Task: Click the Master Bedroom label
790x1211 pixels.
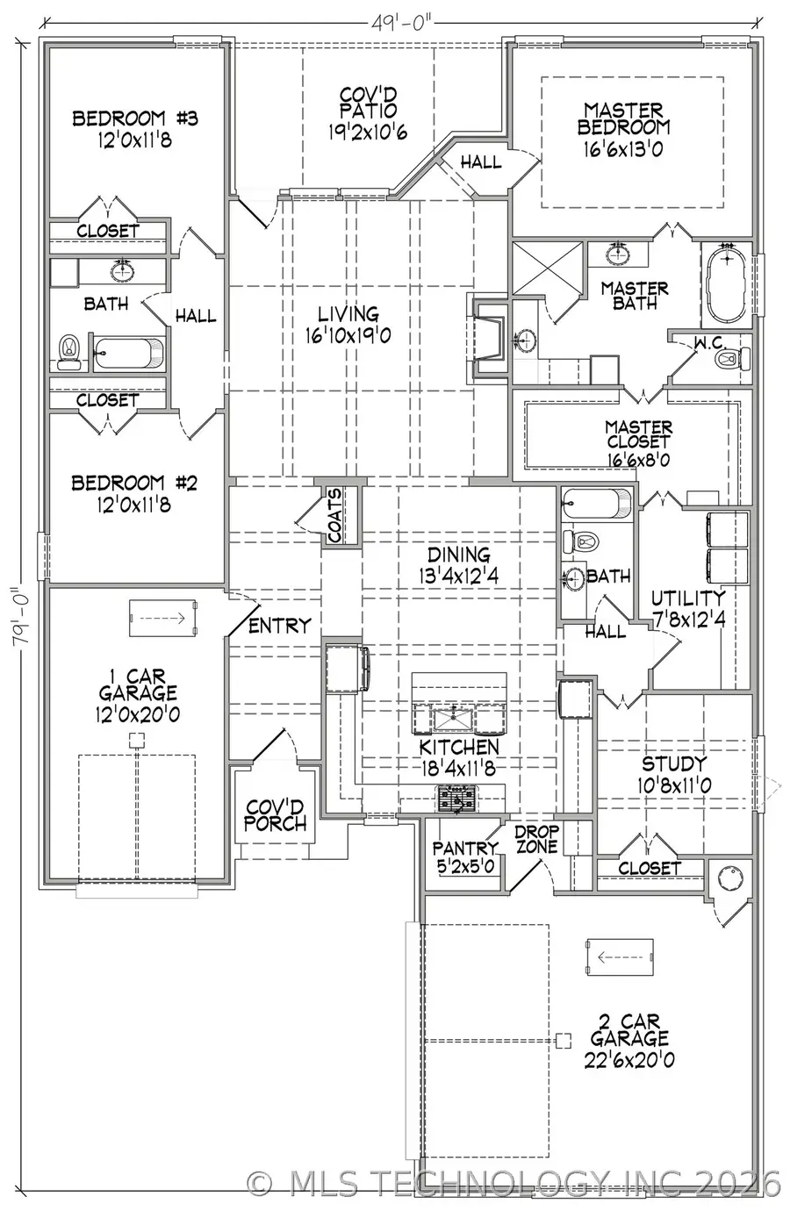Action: click(623, 129)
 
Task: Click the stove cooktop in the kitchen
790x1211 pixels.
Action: click(457, 799)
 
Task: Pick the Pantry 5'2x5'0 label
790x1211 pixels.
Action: click(465, 856)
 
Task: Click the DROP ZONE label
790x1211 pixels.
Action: click(536, 839)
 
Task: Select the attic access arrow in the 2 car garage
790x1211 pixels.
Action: click(619, 957)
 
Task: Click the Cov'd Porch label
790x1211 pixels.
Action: click(275, 815)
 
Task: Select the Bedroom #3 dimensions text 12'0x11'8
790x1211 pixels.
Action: click(135, 139)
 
